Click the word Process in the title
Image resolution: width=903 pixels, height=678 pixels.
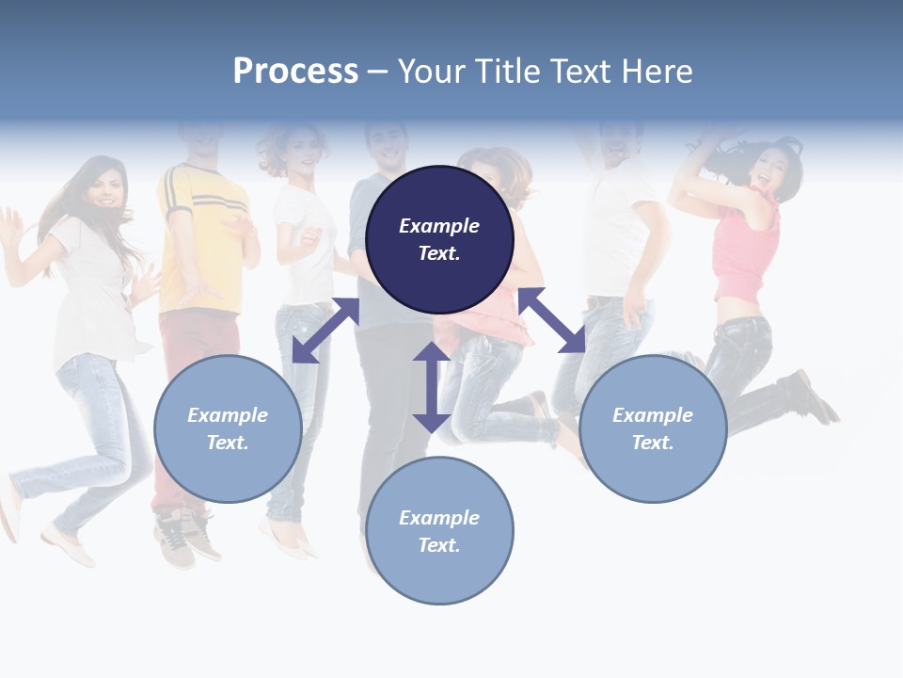click(295, 72)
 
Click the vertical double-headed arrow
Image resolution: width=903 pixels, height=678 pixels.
click(432, 387)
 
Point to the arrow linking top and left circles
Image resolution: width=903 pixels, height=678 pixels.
click(326, 330)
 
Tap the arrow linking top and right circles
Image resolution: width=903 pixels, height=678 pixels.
click(551, 320)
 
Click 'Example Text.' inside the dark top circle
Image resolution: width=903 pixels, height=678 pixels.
click(439, 239)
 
